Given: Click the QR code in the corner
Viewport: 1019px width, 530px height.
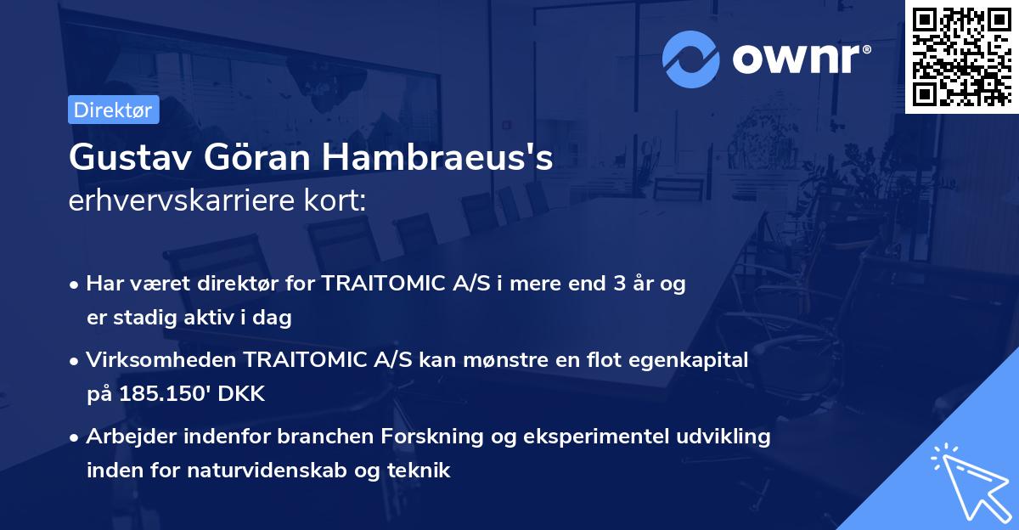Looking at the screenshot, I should pyautogui.click(x=961, y=56).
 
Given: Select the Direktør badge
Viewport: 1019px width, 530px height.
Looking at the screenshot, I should pyautogui.click(x=113, y=110).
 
